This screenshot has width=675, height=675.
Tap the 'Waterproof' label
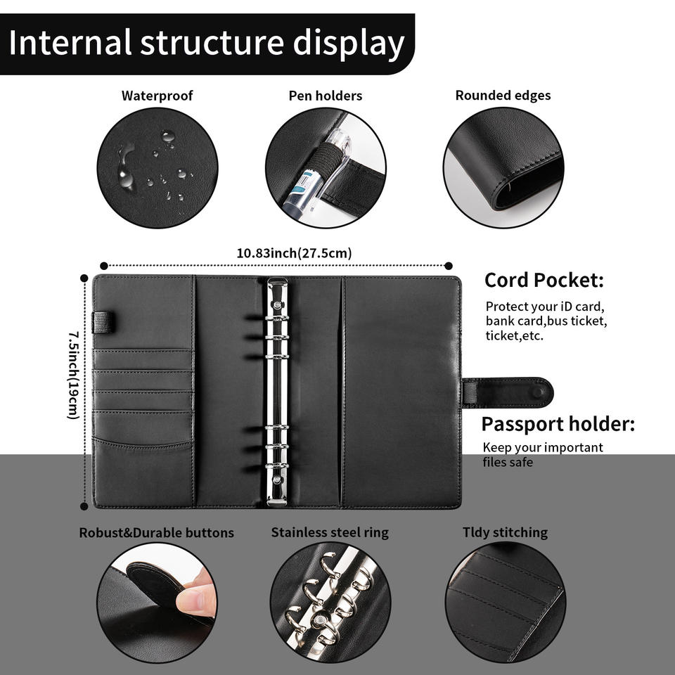pyautogui.click(x=157, y=96)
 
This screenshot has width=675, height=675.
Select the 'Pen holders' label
pyautogui.click(x=326, y=96)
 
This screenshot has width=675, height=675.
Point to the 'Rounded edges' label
pyautogui.click(x=503, y=96)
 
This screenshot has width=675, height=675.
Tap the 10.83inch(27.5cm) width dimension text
pyautogui.click(x=294, y=253)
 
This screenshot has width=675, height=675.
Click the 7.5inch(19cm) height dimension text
pyautogui.click(x=72, y=376)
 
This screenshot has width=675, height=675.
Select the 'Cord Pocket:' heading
pyautogui.click(x=544, y=281)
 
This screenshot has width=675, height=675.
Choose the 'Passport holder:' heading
pyautogui.click(x=558, y=425)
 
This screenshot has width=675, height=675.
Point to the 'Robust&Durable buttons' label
pyautogui.click(x=156, y=533)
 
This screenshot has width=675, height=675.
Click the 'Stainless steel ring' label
pyautogui.click(x=330, y=533)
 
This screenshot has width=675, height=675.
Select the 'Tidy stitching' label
pyautogui.click(x=505, y=533)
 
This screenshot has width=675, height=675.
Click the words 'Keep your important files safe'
pyautogui.click(x=542, y=455)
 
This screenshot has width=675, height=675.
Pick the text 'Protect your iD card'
pyautogui.click(x=544, y=307)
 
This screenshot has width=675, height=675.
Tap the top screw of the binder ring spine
pyautogui.click(x=277, y=306)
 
